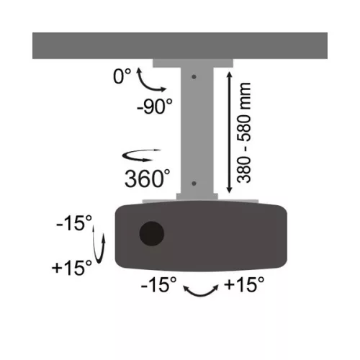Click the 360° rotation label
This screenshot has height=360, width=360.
pos(147,176)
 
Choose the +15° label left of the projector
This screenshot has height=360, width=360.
pos(73,269)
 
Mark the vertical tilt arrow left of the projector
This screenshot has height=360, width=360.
pos(102,246)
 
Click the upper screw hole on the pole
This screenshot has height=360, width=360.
pos(195,74)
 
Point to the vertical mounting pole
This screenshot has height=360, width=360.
pos(195,130)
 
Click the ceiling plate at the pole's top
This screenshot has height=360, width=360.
pos(195,63)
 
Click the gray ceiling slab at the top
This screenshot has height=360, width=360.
pos(180,45)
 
